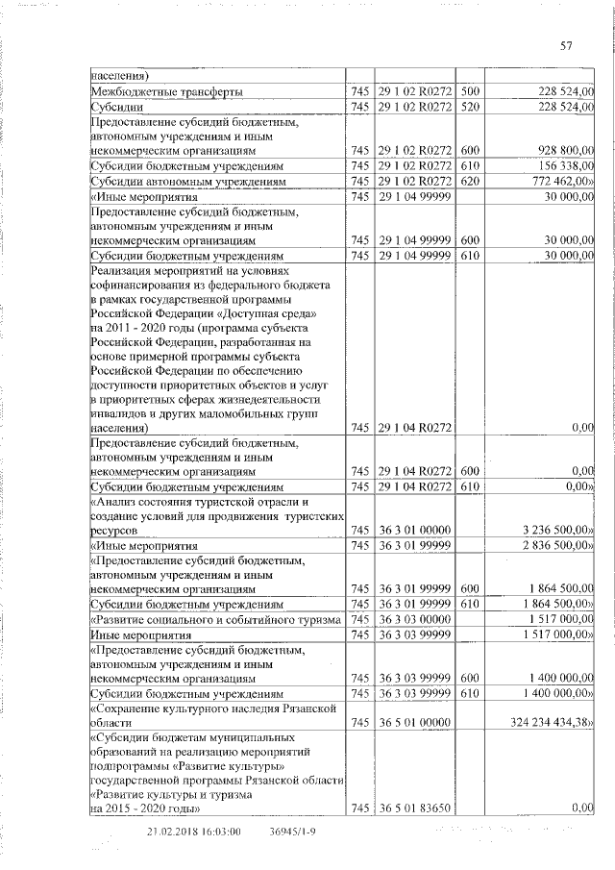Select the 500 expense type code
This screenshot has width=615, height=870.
tap(469, 91)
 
